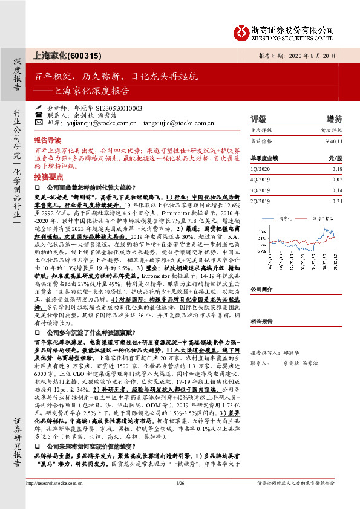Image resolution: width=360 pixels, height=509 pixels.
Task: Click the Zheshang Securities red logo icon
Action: click(240, 30)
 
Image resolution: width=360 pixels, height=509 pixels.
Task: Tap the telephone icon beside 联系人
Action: click(39, 114)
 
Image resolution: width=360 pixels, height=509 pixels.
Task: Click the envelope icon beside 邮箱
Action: click(39, 122)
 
